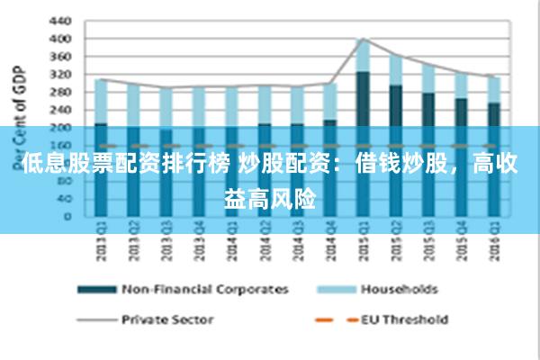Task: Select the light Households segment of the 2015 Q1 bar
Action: coord(363,55)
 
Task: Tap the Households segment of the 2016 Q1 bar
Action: coord(492,89)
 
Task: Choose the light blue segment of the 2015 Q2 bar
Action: coord(395,70)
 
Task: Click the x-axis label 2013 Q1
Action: coord(100,243)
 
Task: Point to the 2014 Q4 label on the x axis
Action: coord(328,243)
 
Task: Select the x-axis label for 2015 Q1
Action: coord(361,243)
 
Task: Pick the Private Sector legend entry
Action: coord(166,319)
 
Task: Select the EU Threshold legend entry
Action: coord(404,319)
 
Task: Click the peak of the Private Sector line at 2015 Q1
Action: coord(363,39)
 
